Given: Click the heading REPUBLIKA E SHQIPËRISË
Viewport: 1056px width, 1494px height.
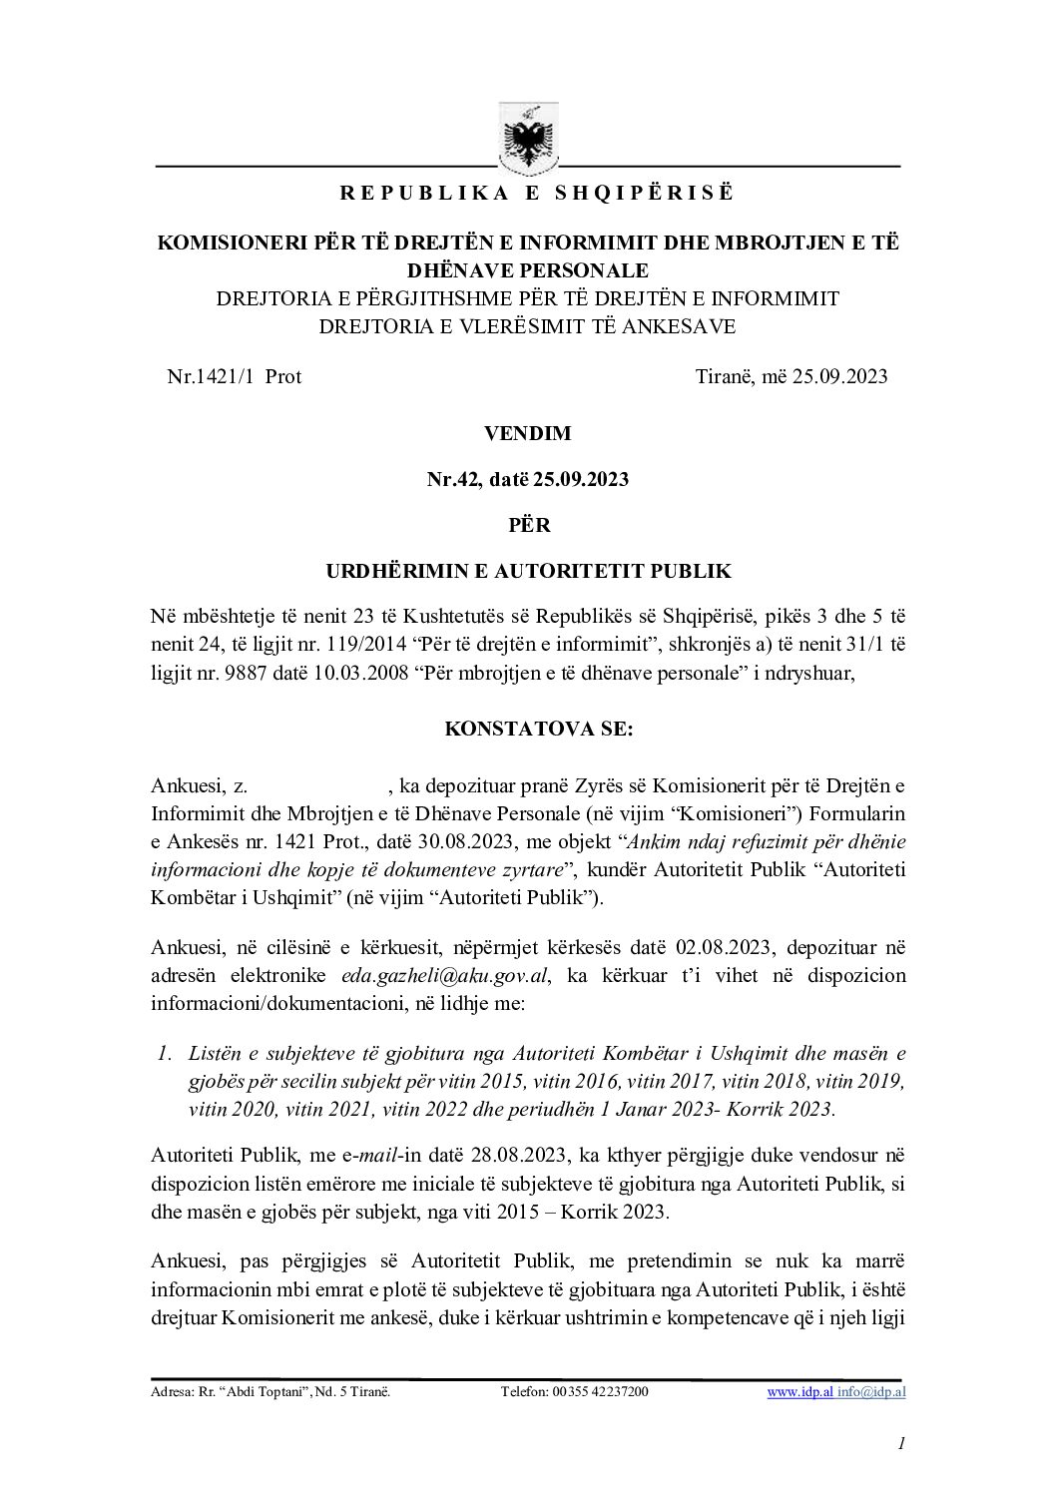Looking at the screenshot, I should click(528, 195).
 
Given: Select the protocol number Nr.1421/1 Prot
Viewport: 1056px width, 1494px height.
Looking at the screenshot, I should click(235, 376).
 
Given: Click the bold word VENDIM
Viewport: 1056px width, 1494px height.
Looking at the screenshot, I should click(528, 433).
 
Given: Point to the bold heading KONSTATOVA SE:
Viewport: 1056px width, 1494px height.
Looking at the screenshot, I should click(528, 729).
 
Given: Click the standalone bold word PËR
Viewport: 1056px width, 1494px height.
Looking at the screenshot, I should click(528, 525).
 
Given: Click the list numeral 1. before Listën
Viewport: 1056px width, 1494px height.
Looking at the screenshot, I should click(167, 1053).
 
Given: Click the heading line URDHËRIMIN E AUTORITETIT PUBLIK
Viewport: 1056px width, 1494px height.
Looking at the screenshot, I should click(528, 571).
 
